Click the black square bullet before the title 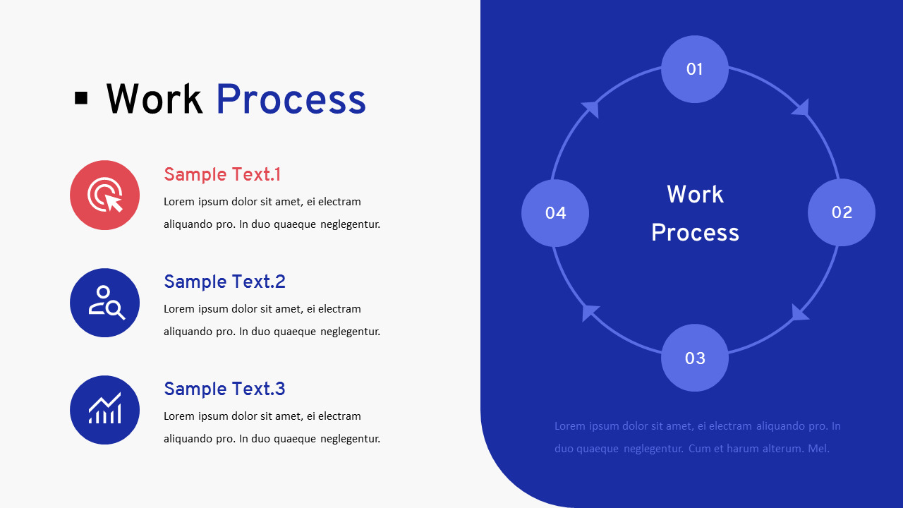click(x=81, y=98)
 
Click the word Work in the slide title click(x=154, y=99)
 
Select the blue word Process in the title click(x=291, y=99)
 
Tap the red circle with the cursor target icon click(x=104, y=195)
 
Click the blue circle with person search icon click(x=104, y=303)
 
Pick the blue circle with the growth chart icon click(x=104, y=410)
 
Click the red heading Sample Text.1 click(x=222, y=174)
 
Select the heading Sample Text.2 click(x=224, y=282)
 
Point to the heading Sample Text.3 click(x=224, y=389)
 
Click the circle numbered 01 click(x=695, y=69)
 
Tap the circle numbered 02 click(x=842, y=212)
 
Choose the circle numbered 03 click(x=695, y=358)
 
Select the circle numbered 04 click(x=555, y=213)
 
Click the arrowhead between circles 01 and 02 click(x=801, y=108)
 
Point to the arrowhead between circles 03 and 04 click(x=590, y=313)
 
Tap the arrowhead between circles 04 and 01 click(x=590, y=109)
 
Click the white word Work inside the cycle click(x=695, y=194)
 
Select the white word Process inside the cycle click(x=695, y=232)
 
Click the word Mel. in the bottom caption click(x=818, y=448)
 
